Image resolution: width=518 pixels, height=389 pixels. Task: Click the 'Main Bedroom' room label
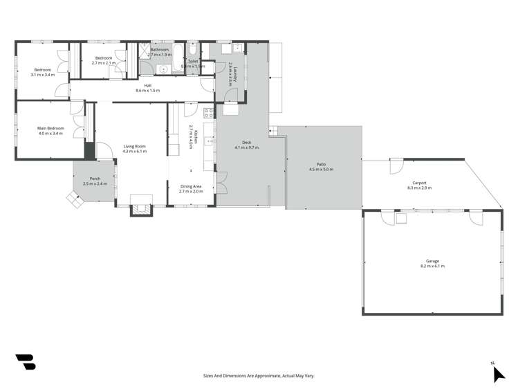[x=50, y=128]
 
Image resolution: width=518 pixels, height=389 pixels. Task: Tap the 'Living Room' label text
[x=135, y=146]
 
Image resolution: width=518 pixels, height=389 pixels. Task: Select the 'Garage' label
[x=432, y=261]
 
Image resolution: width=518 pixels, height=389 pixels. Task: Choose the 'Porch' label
[x=95, y=179]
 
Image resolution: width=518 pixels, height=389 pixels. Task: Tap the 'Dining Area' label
[x=191, y=186]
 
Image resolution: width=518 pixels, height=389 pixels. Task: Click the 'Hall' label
[x=147, y=86]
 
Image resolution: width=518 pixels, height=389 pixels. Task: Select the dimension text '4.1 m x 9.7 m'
[x=246, y=147]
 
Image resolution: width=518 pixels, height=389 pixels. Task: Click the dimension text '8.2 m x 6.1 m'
[x=432, y=266]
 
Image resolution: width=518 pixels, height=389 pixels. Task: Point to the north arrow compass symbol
[x=498, y=373]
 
